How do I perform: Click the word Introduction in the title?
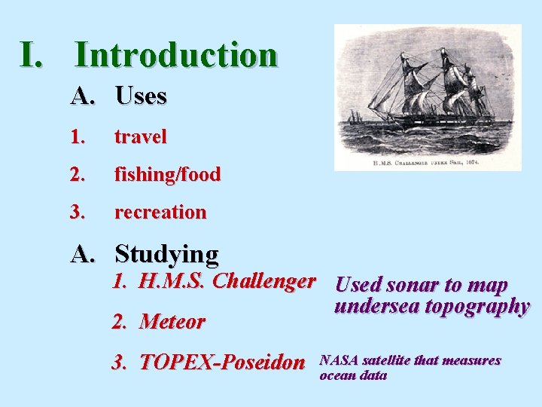tap(176, 55)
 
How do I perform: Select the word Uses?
tap(141, 96)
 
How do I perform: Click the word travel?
tap(140, 137)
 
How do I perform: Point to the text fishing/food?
tap(167, 175)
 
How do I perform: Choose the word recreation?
tap(160, 213)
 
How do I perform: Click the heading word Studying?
tap(166, 254)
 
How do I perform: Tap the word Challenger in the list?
tap(264, 282)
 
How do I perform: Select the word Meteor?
tap(172, 322)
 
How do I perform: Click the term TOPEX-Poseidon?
tap(222, 363)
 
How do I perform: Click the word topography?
tap(477, 307)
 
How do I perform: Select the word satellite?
tap(386, 361)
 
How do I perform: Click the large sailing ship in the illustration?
tap(437, 90)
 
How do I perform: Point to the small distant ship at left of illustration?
tap(354, 118)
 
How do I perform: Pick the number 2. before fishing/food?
tap(78, 175)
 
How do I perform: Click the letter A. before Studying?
tap(84, 255)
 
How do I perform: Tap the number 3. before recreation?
tap(78, 213)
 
